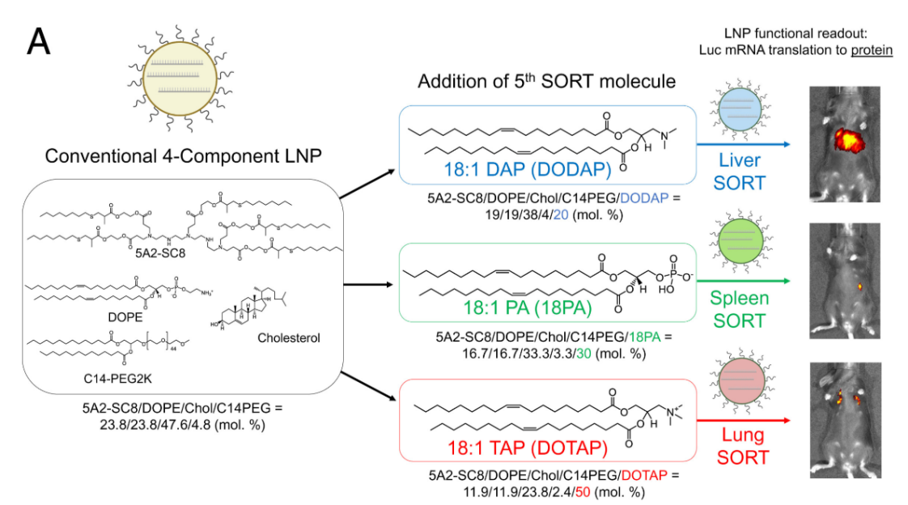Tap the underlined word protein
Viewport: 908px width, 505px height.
[x=872, y=49]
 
